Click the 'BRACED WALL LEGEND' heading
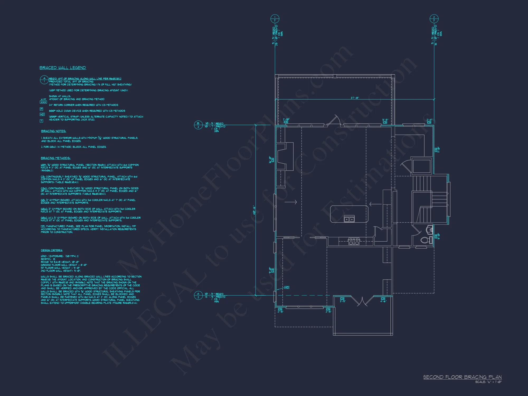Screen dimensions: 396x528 coord(63,68)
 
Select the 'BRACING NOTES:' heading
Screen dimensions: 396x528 coord(53,131)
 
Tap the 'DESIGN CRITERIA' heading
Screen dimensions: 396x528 coord(51,250)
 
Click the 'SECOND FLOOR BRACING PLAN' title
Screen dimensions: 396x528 coord(462,377)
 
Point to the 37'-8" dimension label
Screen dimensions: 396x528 coord(355,98)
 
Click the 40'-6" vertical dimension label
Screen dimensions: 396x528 coord(254,210)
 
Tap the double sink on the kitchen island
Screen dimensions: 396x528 coord(349,219)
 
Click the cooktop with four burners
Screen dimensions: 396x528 coord(353,241)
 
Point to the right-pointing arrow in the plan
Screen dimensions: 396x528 coord(291,202)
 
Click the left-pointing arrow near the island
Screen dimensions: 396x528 coord(375,204)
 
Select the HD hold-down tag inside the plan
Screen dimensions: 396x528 coord(287,287)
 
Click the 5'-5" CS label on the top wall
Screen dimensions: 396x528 coord(385,121)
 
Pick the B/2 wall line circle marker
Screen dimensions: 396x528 coord(198,125)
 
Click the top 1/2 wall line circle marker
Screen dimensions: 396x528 coord(275,19)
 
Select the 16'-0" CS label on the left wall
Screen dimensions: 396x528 coord(271,159)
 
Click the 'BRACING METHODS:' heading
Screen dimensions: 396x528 coord(55,158)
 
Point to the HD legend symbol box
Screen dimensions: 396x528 coord(42,114)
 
